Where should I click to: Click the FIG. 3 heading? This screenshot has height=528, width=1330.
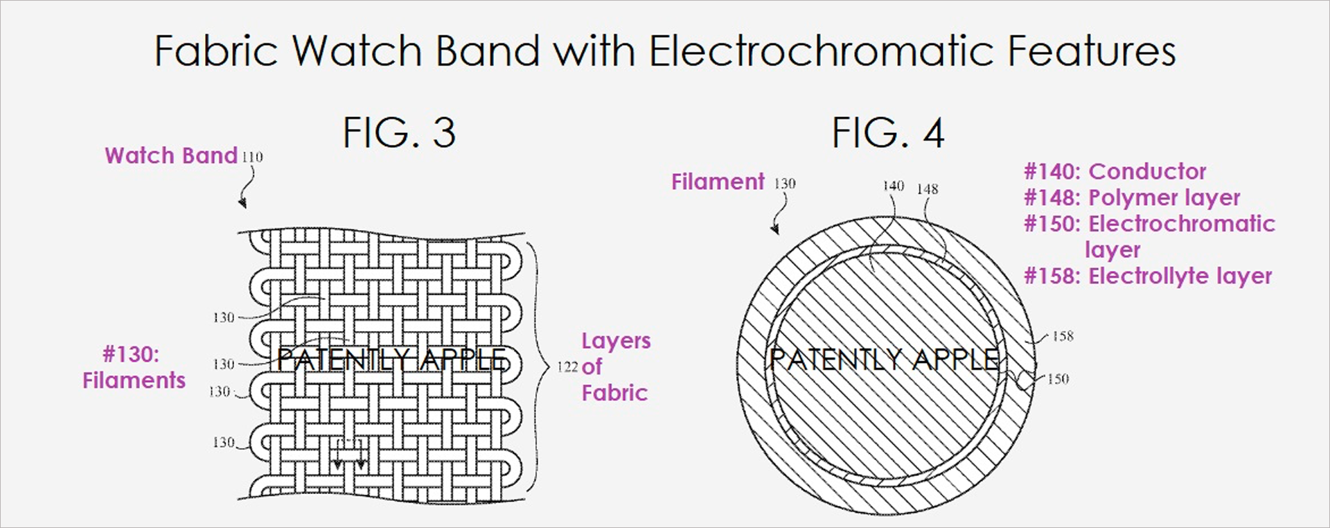(400, 132)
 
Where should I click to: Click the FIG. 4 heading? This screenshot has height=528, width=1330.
(888, 132)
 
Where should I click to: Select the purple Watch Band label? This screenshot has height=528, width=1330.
(171, 155)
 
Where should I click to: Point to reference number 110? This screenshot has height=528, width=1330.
(252, 157)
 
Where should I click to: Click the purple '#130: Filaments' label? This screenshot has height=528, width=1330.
(134, 367)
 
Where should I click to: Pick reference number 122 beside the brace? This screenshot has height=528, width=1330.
(567, 367)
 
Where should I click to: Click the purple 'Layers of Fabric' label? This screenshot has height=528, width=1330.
(616, 367)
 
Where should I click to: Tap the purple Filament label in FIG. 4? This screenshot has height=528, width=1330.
(718, 182)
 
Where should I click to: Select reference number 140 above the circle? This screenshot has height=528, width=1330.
(894, 186)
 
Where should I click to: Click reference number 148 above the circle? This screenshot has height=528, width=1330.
(928, 188)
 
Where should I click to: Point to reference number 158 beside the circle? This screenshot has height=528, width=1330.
(1063, 336)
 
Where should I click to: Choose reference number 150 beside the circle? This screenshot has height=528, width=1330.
(1058, 379)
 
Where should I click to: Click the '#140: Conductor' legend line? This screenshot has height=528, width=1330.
(1115, 171)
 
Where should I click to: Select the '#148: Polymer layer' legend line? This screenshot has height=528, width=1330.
(1132, 197)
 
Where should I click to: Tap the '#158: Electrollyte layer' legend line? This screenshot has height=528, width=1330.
(1148, 276)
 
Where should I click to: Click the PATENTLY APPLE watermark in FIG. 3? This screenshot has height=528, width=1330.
(392, 359)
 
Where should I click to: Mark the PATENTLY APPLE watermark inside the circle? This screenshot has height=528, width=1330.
(885, 359)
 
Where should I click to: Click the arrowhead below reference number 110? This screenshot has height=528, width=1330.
(242, 203)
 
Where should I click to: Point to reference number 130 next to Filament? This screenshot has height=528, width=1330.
(785, 184)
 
